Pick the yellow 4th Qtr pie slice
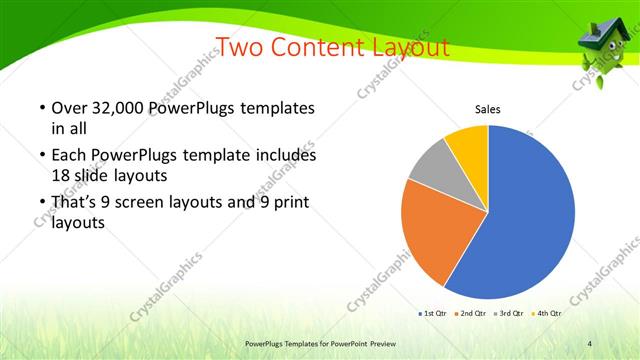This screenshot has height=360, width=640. point(468,145)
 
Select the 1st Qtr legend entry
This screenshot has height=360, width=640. point(432,314)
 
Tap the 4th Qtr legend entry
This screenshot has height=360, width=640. point(548,314)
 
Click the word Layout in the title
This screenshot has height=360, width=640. point(406,47)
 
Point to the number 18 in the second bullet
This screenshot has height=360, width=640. point(61,174)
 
